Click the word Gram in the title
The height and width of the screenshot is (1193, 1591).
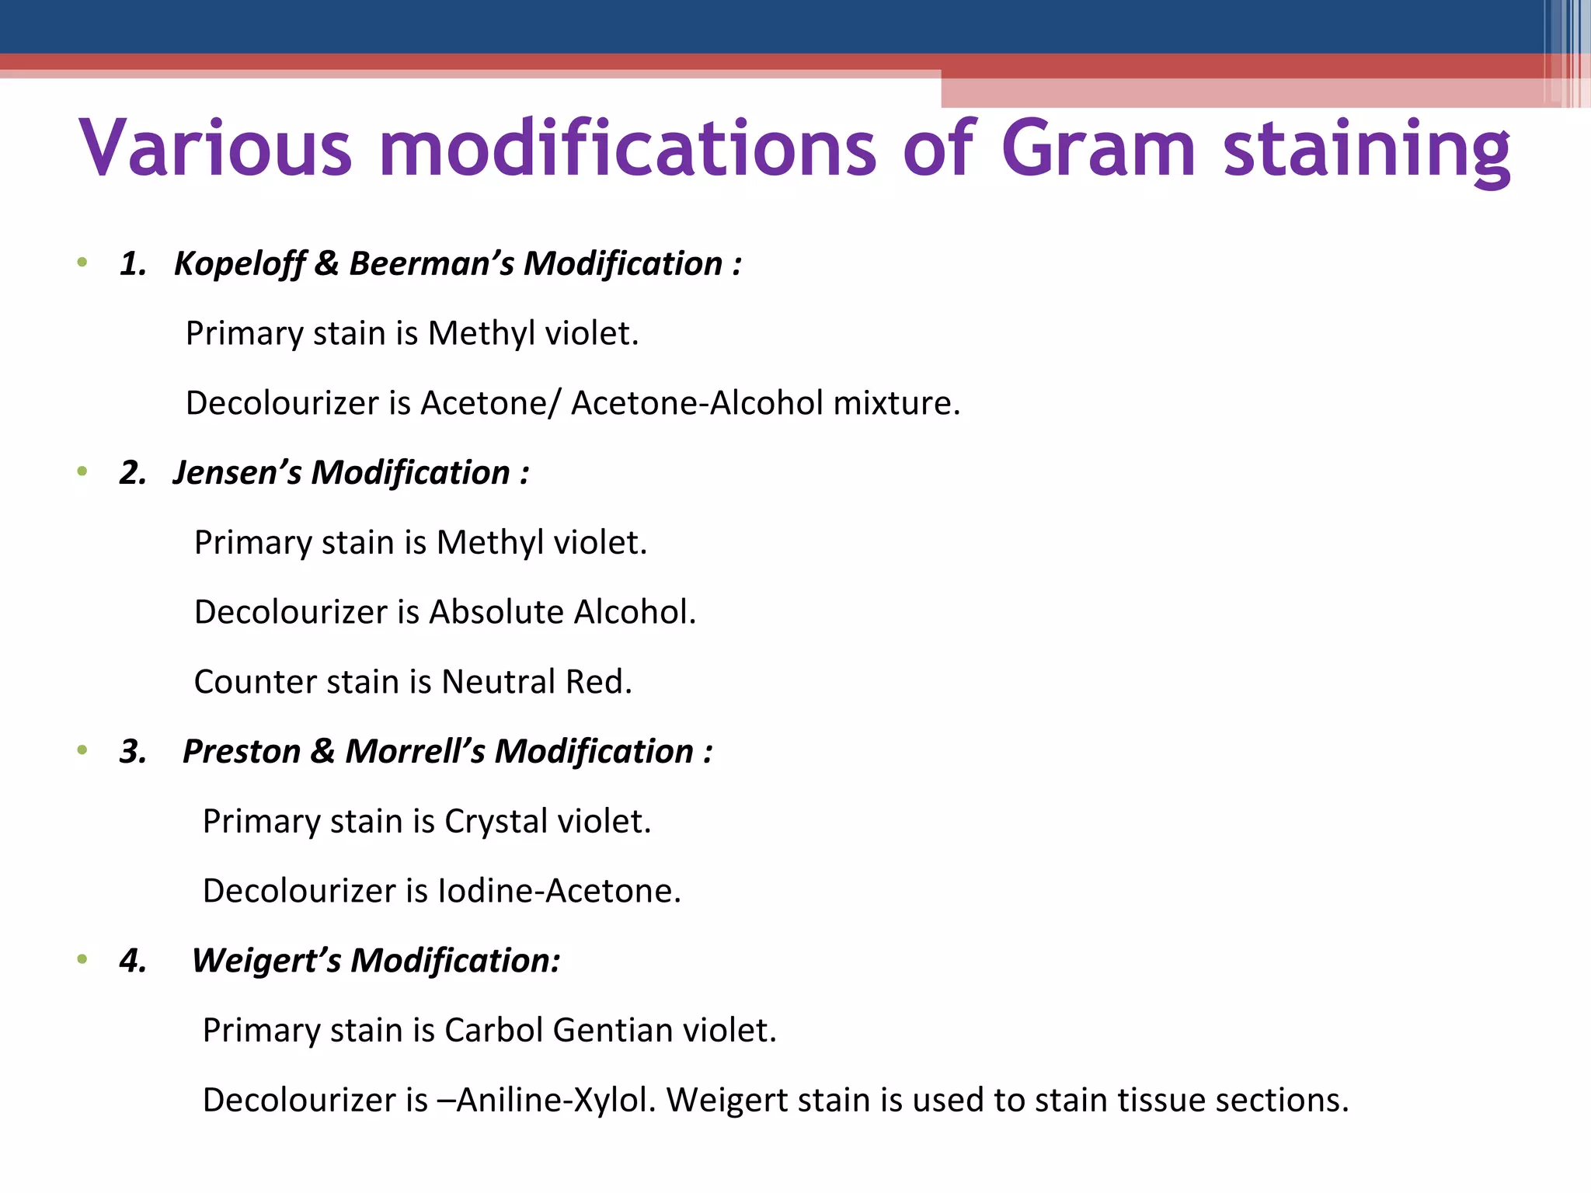(1098, 148)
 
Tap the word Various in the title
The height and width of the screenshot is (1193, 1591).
(215, 148)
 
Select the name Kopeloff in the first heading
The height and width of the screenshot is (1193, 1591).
(239, 264)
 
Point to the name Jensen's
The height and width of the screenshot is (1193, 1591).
(237, 473)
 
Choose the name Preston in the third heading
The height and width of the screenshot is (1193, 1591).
(241, 752)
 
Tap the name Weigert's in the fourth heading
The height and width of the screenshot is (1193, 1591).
(266, 961)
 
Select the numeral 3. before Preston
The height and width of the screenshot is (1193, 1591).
(133, 752)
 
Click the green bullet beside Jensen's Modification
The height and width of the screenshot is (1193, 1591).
(82, 471)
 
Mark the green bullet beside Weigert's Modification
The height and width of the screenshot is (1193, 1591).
(82, 960)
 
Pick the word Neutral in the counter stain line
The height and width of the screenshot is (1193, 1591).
(498, 682)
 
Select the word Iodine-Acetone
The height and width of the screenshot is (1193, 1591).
(559, 891)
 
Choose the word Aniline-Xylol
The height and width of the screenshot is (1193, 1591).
(557, 1101)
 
